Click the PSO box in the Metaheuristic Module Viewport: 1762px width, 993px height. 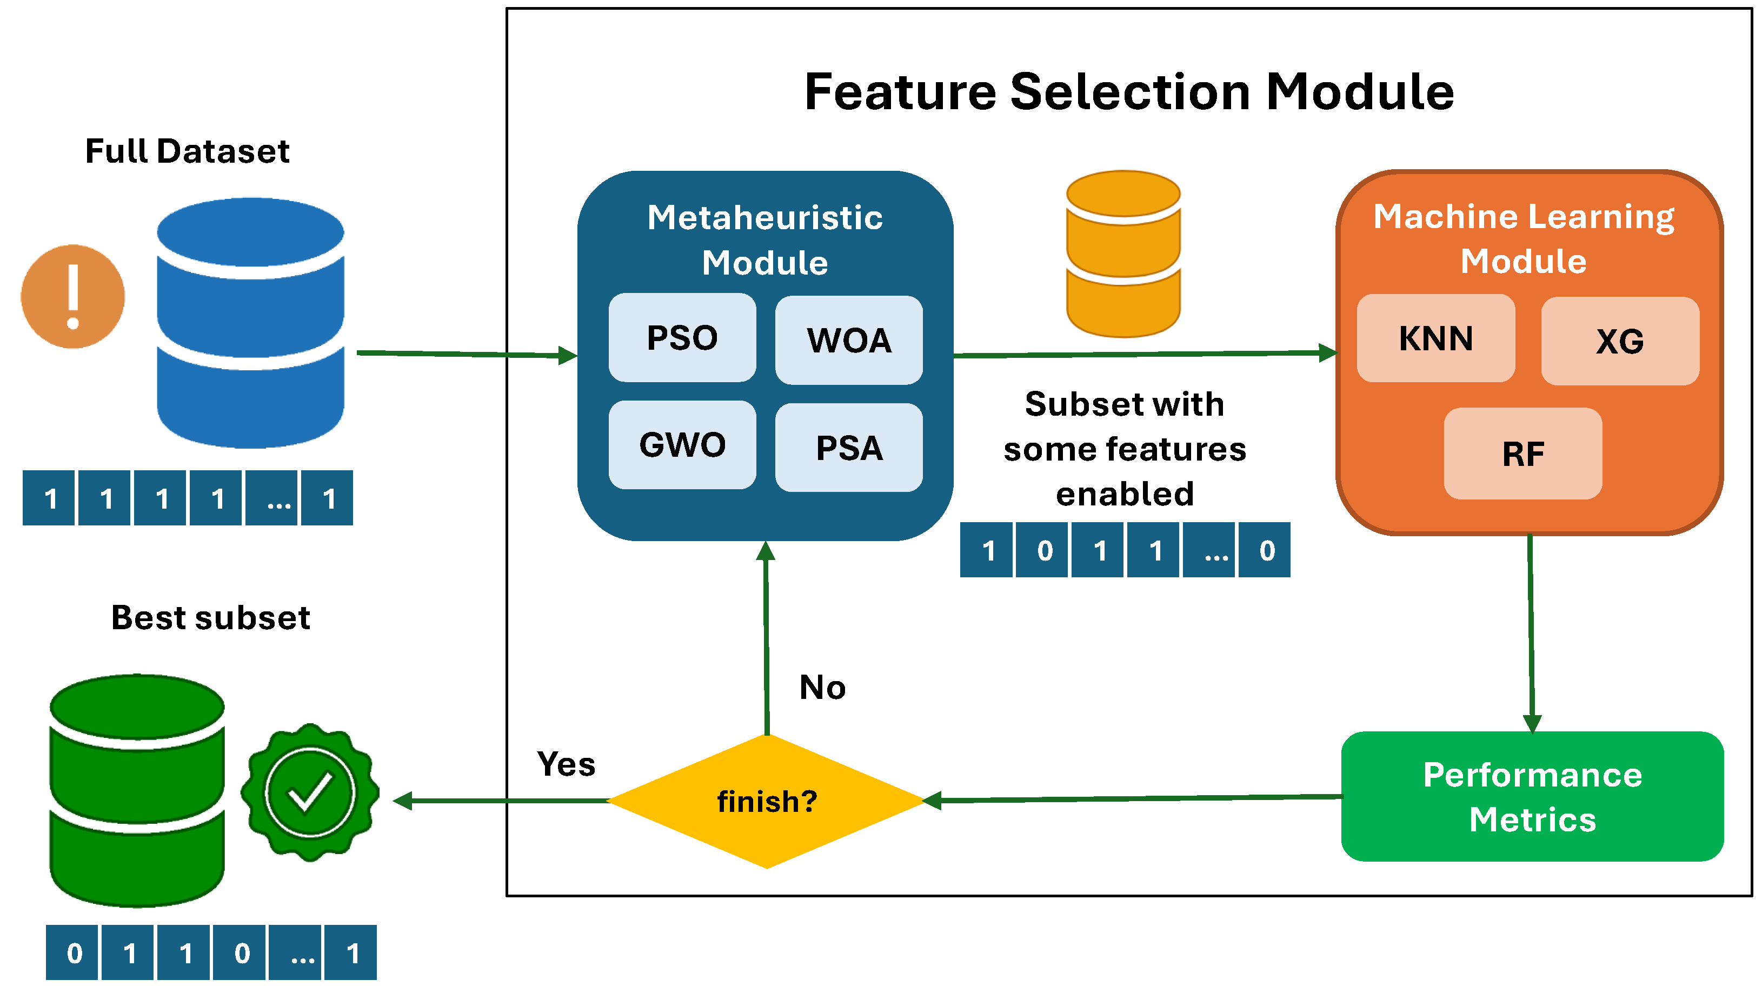(682, 338)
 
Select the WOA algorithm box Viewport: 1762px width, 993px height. (848, 341)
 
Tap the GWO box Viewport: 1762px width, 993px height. (682, 445)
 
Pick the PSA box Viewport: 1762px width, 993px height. (848, 448)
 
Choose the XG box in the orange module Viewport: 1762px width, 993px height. (1619, 341)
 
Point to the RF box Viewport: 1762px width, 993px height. (1522, 454)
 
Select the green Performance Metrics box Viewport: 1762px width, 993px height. (1532, 797)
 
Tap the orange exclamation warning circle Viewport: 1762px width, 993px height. (72, 297)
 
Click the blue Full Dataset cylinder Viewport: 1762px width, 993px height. (250, 323)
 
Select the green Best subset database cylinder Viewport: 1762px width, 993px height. (137, 791)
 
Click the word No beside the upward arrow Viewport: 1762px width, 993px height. (822, 687)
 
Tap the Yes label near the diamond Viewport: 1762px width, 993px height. (566, 764)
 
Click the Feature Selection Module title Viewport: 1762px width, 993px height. (1128, 92)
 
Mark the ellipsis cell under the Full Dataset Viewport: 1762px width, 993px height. (271, 498)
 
